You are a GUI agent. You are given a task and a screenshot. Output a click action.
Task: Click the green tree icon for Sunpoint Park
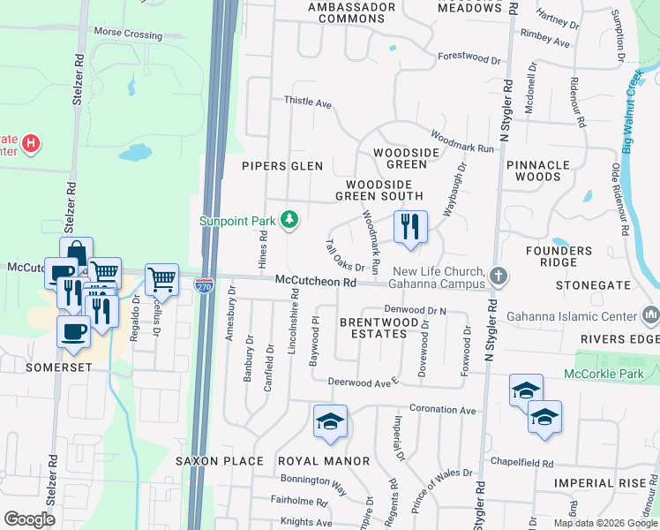click(289, 219)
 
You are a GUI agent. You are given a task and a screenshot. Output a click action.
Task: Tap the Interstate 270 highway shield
click(203, 285)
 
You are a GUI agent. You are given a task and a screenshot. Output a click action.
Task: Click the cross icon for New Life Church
click(499, 276)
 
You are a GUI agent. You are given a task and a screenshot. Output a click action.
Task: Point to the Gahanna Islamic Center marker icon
click(651, 314)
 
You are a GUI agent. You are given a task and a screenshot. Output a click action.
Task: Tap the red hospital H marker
click(31, 142)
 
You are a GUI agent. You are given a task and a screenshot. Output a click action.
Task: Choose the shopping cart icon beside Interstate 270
click(161, 280)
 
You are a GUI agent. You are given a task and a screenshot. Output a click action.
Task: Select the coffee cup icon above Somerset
click(73, 331)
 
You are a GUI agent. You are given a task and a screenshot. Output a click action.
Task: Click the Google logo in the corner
click(30, 519)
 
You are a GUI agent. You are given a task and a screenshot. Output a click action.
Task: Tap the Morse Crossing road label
click(128, 34)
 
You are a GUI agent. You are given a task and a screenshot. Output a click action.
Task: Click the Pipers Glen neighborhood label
click(283, 166)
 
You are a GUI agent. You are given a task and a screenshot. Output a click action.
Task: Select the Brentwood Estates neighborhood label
click(380, 329)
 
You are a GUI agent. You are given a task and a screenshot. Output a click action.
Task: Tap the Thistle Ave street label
click(307, 102)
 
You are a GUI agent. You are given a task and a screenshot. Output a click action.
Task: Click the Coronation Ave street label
click(443, 410)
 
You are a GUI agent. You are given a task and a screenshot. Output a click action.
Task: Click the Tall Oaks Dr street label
click(345, 255)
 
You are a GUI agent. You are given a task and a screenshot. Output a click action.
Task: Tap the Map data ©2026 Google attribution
click(604, 523)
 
